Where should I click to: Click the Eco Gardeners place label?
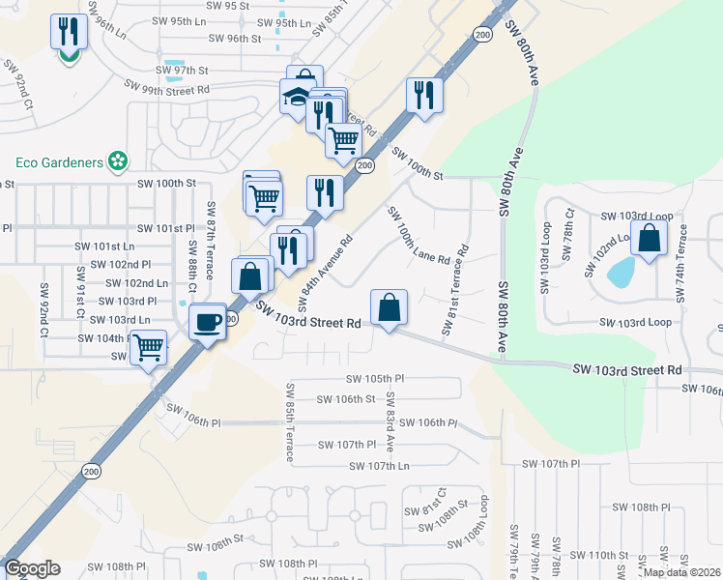[60, 162]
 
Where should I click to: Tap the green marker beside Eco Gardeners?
[119, 161]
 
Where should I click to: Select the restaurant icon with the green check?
[69, 35]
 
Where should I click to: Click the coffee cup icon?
[208, 322]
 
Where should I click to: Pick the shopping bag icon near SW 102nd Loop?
[650, 239]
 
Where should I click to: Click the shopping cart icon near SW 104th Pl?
[148, 347]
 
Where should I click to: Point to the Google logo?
[32, 569]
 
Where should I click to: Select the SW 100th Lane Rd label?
[419, 236]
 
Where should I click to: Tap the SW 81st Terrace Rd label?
[455, 289]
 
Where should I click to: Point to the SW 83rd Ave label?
[390, 421]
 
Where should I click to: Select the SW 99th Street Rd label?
[169, 89]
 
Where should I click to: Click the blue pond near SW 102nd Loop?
[620, 273]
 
